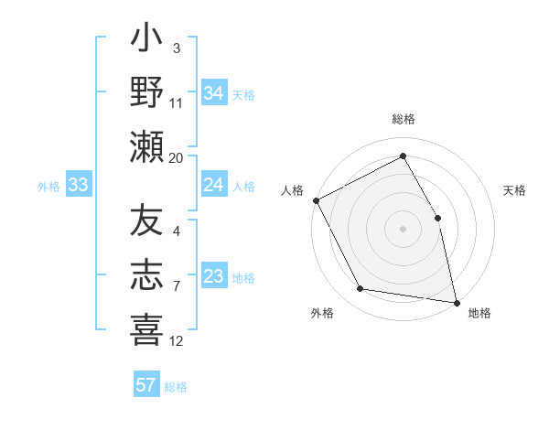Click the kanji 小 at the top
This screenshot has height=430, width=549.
146,42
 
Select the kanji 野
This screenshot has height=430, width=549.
146,91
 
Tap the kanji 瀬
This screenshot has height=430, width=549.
146,145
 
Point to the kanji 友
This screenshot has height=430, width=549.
146,222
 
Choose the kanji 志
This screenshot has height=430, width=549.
146,274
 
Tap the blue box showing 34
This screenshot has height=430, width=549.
213,91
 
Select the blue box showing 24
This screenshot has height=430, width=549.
213,185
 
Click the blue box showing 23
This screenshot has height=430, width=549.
213,276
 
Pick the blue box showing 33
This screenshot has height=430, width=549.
79,185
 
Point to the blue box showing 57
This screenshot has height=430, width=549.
146,385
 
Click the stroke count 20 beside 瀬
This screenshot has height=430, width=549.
177,157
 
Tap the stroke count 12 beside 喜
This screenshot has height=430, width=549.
177,340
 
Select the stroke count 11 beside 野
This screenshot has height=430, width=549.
177,103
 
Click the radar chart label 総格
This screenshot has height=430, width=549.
403,119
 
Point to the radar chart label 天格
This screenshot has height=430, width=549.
514,190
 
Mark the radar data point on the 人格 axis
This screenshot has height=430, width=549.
316,199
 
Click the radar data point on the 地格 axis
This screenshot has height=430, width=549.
457,302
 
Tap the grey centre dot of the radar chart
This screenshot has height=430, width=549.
403,228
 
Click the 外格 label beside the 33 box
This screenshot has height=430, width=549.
48,186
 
